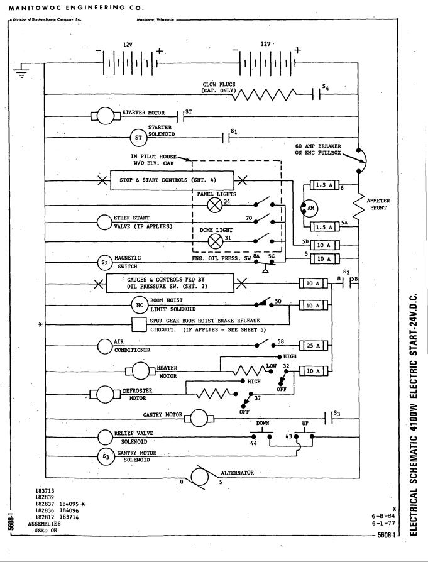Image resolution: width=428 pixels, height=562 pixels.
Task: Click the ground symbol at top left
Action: click(21, 71)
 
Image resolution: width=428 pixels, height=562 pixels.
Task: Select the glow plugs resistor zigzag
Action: click(266, 95)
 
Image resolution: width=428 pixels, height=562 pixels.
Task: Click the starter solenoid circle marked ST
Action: click(138, 138)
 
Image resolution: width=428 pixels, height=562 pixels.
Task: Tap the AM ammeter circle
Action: click(309, 208)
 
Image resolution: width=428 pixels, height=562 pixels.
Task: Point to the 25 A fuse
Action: click(314, 346)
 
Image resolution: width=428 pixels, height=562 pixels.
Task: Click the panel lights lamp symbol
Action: click(215, 205)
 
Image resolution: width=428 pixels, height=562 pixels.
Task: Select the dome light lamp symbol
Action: click(216, 241)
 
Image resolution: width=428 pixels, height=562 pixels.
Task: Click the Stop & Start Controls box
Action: click(172, 180)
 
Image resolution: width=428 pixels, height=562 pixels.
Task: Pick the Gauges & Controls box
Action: click(170, 284)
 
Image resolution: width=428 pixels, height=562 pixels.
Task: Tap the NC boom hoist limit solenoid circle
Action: click(140, 305)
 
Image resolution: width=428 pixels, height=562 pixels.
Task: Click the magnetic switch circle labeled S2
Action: click(105, 263)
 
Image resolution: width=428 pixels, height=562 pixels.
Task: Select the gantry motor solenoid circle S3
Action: click(106, 456)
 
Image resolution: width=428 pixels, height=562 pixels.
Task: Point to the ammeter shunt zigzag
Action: click(358, 207)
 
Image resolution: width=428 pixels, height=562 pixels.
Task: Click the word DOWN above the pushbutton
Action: click(263, 423)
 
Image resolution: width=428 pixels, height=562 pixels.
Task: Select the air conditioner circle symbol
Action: click(105, 346)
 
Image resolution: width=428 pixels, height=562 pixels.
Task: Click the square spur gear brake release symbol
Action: click(140, 325)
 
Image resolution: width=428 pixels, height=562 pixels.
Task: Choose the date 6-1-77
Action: click(383, 523)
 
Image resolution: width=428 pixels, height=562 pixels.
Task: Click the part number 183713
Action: click(45, 491)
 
